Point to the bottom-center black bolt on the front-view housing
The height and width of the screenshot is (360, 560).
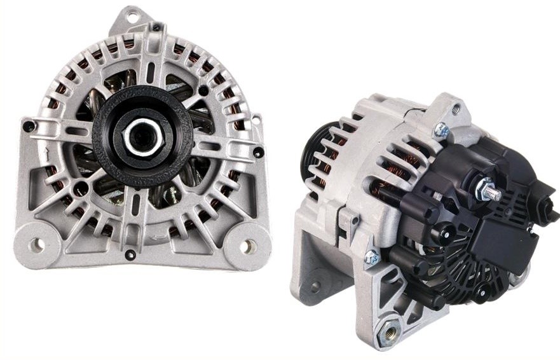coord(130,255)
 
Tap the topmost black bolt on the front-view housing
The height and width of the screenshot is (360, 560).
coord(156,28)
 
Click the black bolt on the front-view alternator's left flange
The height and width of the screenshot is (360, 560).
coord(27,127)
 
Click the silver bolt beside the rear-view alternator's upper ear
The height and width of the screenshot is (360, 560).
coord(441,131)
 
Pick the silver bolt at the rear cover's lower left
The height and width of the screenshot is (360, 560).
coord(371,258)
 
